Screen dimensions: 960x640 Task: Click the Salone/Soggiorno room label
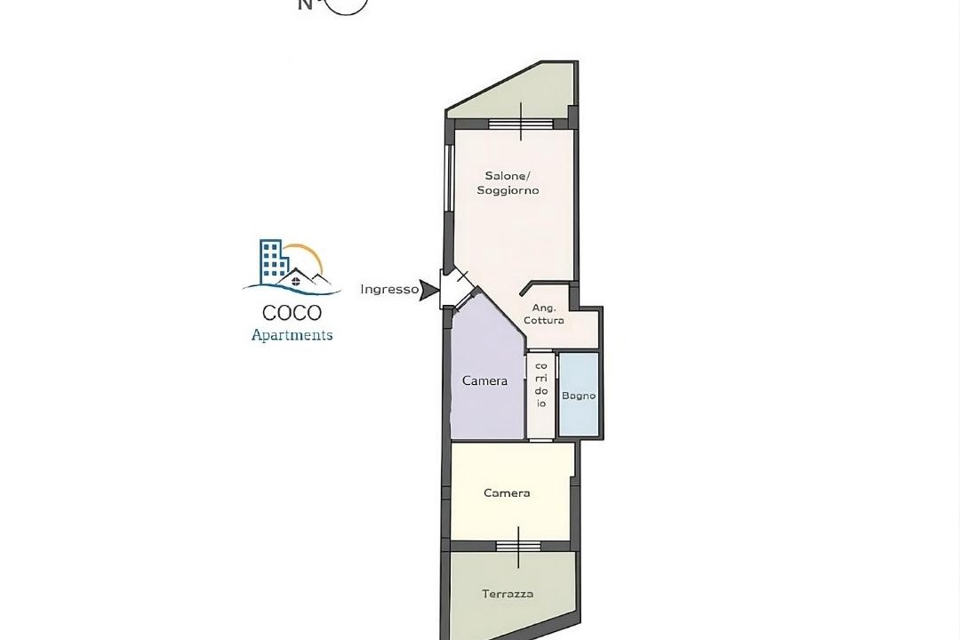tap(508, 182)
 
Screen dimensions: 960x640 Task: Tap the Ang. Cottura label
tap(544, 314)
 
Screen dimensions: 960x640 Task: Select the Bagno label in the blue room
tap(579, 396)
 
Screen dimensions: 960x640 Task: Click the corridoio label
tap(541, 385)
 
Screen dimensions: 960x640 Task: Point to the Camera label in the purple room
tap(485, 381)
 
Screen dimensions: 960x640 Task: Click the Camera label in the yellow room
tap(507, 493)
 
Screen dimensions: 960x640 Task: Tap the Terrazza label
tap(508, 594)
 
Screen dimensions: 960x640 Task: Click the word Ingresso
tap(389, 289)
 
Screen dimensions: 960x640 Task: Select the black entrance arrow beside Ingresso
tap(430, 289)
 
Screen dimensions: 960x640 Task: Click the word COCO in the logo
tap(292, 312)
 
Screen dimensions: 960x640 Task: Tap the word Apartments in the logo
tap(292, 335)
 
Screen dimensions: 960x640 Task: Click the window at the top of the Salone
tap(521, 123)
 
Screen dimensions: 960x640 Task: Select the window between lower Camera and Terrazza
tap(518, 546)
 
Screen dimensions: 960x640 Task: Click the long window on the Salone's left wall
tap(450, 178)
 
